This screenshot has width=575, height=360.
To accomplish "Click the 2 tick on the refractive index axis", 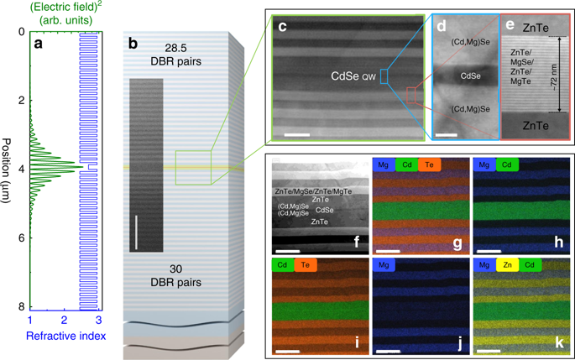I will click(65, 321).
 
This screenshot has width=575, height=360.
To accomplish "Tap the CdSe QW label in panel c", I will click(352, 78).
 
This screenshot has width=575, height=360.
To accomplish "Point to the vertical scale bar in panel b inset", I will click(135, 230).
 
